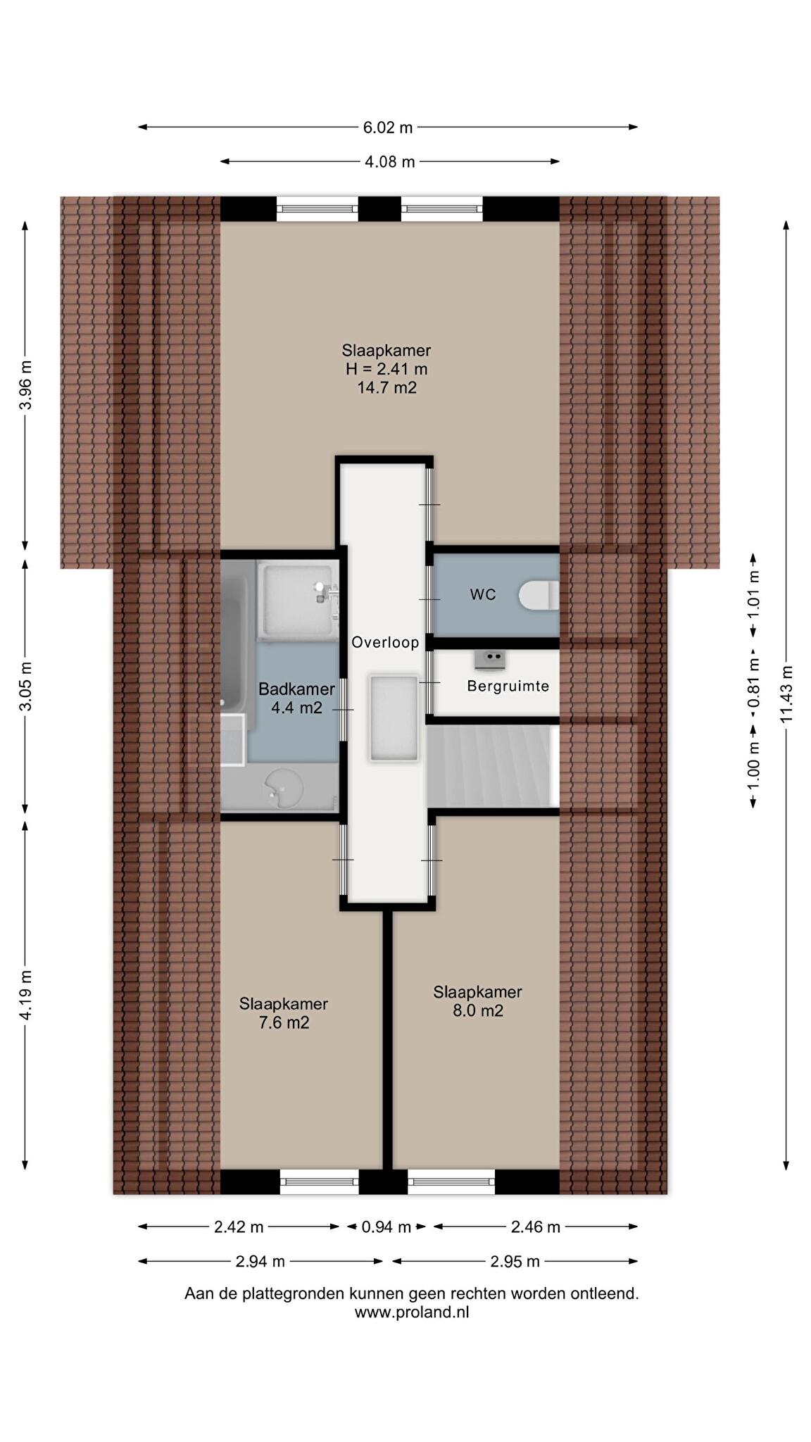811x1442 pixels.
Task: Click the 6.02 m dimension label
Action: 388,127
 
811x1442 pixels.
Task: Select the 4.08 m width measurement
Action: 389,162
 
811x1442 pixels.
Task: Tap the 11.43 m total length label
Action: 786,694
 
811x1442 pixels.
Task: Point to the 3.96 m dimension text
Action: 25,384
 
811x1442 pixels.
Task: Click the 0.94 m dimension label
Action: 386,1227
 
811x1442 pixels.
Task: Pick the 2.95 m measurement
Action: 515,1262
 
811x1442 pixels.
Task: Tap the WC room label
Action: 483,594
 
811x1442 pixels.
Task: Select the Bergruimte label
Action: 508,686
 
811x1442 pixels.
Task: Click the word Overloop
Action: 385,642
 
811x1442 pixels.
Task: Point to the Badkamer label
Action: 296,689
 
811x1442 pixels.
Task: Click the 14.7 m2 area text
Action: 386,387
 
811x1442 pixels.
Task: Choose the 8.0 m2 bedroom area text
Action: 477,1011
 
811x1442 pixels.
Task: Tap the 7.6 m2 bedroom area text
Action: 284,1023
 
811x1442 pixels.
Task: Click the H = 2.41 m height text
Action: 386,369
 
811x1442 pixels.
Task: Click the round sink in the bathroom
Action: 283,788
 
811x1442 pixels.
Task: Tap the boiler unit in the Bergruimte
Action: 489,659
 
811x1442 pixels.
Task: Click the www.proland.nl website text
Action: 412,1312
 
